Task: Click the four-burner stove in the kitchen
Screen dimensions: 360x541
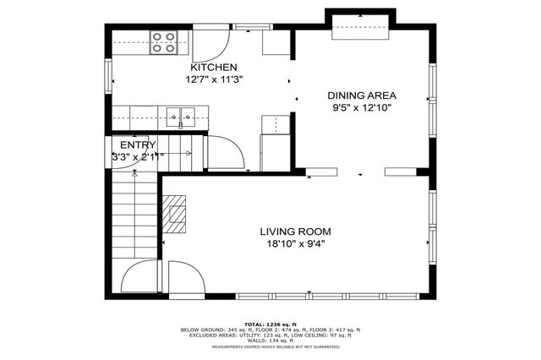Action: [163, 41]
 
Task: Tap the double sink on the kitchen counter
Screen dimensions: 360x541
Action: [180, 115]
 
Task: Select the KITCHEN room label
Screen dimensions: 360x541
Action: [213, 68]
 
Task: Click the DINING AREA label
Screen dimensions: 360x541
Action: [362, 95]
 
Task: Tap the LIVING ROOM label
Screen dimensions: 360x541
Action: [295, 232]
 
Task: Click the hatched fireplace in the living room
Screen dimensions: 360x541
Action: [176, 214]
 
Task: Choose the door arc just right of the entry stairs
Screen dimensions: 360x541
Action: [225, 152]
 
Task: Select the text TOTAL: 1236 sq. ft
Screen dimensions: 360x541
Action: [270, 324]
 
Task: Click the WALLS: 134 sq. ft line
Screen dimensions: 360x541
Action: [270, 341]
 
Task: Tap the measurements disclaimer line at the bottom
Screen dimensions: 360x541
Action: [270, 346]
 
